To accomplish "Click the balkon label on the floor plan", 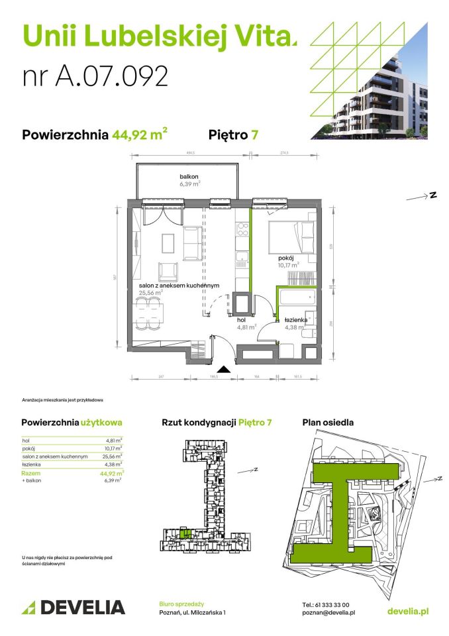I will click(189, 177).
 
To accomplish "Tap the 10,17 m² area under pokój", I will click(289, 264).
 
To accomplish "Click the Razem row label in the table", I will click(30, 474).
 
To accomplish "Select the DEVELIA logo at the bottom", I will click(74, 607).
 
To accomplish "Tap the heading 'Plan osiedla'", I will click(327, 422).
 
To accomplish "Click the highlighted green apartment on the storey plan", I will click(187, 532).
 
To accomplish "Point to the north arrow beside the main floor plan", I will click(421, 196).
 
